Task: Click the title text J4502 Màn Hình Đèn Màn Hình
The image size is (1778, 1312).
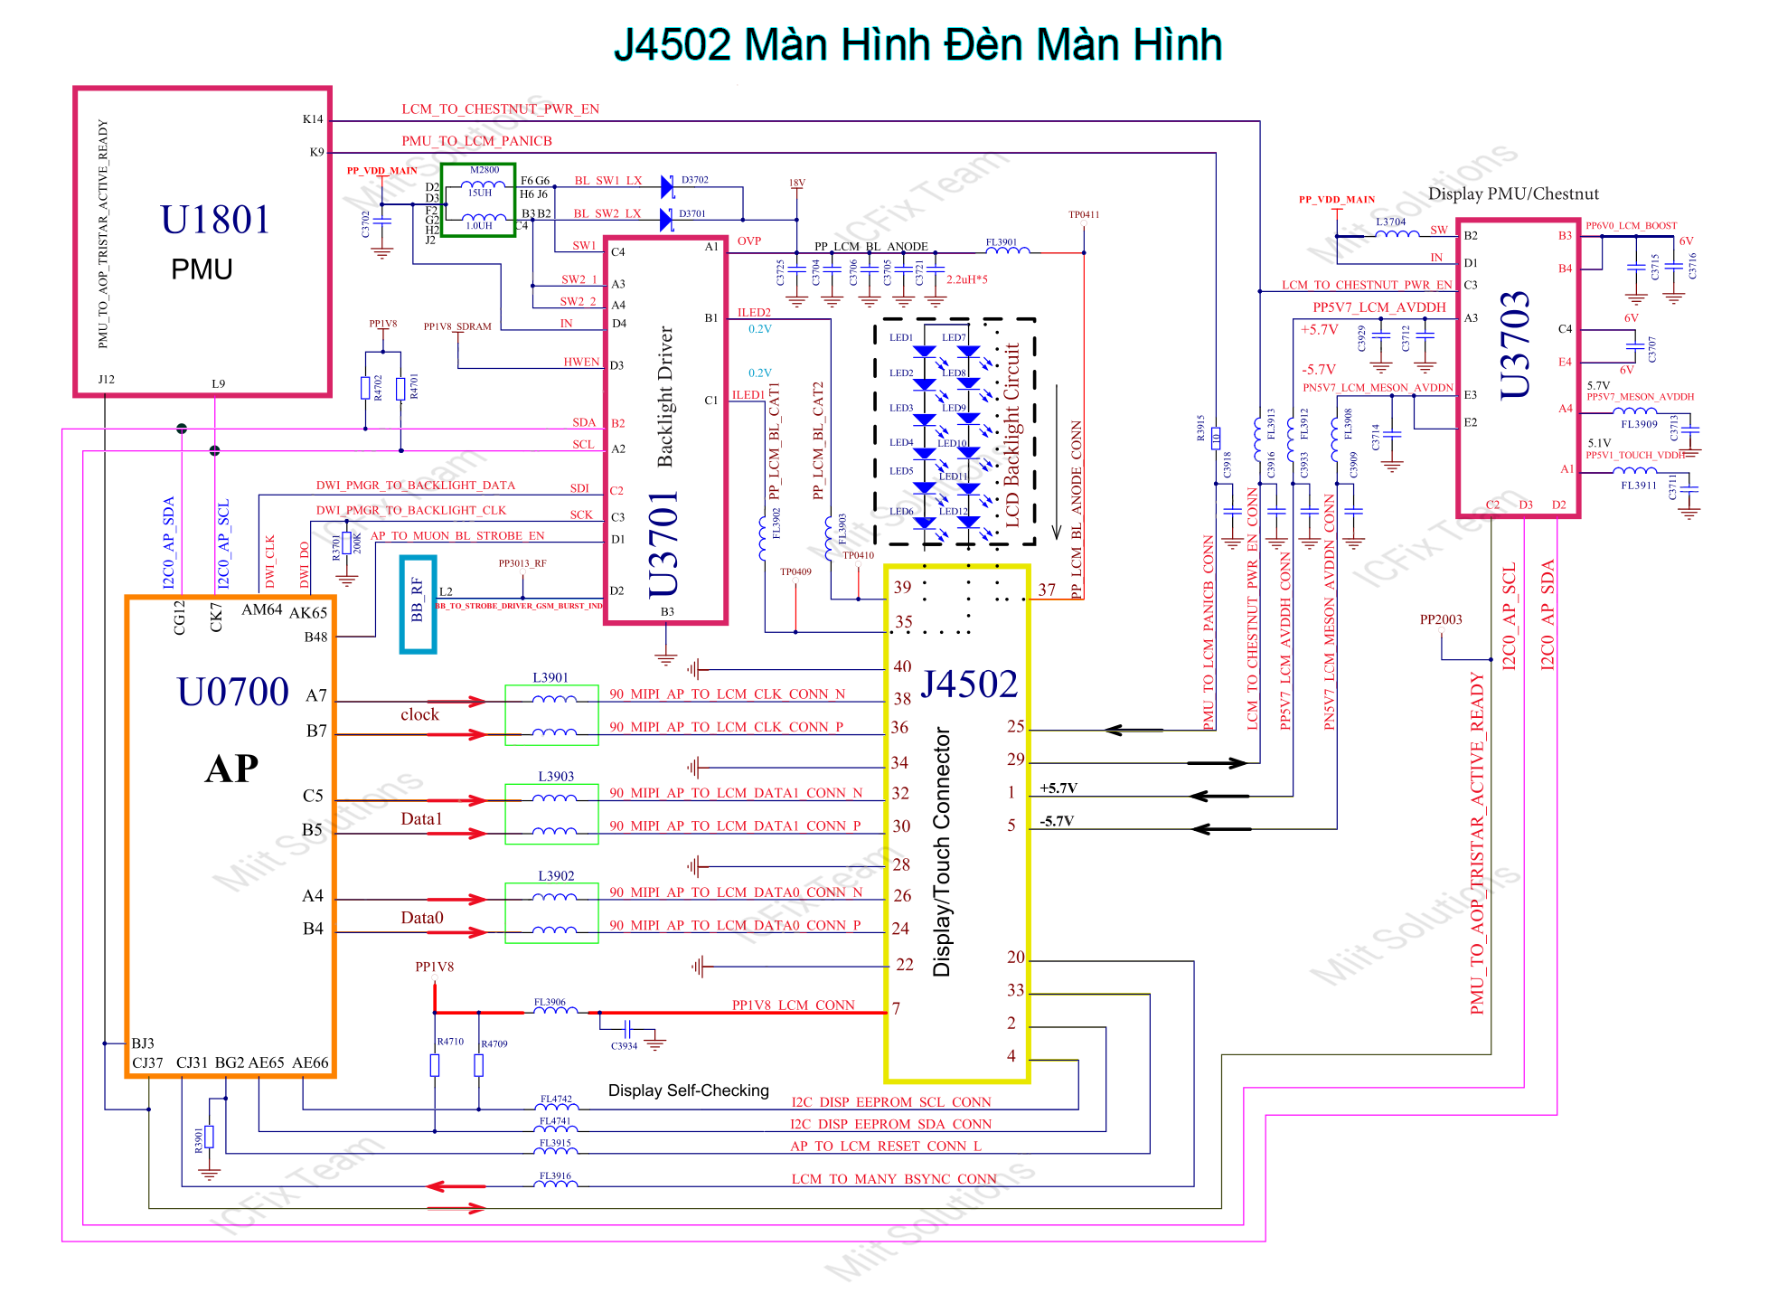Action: coord(917,45)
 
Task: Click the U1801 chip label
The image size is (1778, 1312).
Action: coord(215,220)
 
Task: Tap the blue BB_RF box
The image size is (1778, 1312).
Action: coord(418,603)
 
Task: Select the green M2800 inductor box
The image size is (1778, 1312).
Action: coord(478,200)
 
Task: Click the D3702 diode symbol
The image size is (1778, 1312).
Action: coord(667,186)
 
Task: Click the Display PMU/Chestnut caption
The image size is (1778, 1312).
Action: coord(1512,193)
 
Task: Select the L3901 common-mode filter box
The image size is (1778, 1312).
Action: coord(551,714)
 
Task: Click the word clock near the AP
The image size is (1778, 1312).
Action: coord(419,714)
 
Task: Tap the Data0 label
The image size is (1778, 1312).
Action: coord(421,918)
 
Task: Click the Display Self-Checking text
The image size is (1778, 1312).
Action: coord(688,1090)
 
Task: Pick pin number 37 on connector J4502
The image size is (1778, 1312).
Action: coord(1046,590)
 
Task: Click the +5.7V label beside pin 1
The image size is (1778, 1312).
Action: coord(1058,788)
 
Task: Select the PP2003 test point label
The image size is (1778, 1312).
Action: coord(1440,619)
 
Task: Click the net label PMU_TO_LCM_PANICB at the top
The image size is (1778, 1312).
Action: coord(476,141)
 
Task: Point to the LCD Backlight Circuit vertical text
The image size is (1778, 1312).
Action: coord(1012,434)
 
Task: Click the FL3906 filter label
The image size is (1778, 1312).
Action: coord(550,1002)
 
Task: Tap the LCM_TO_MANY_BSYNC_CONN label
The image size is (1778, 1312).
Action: coord(893,1179)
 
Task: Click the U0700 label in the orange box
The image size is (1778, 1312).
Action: coord(233,692)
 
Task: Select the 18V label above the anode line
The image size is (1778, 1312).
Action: coord(796,183)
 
